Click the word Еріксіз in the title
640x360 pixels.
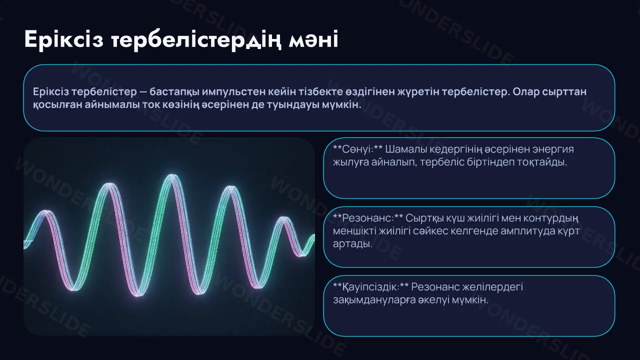tap(63, 39)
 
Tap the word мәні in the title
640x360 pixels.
tap(313, 39)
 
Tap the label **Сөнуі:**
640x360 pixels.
tap(357, 149)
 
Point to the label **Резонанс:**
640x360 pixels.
tap(368, 218)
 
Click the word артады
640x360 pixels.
tap(352, 244)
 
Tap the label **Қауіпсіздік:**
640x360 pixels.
tap(371, 287)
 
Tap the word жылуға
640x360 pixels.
tap(351, 162)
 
